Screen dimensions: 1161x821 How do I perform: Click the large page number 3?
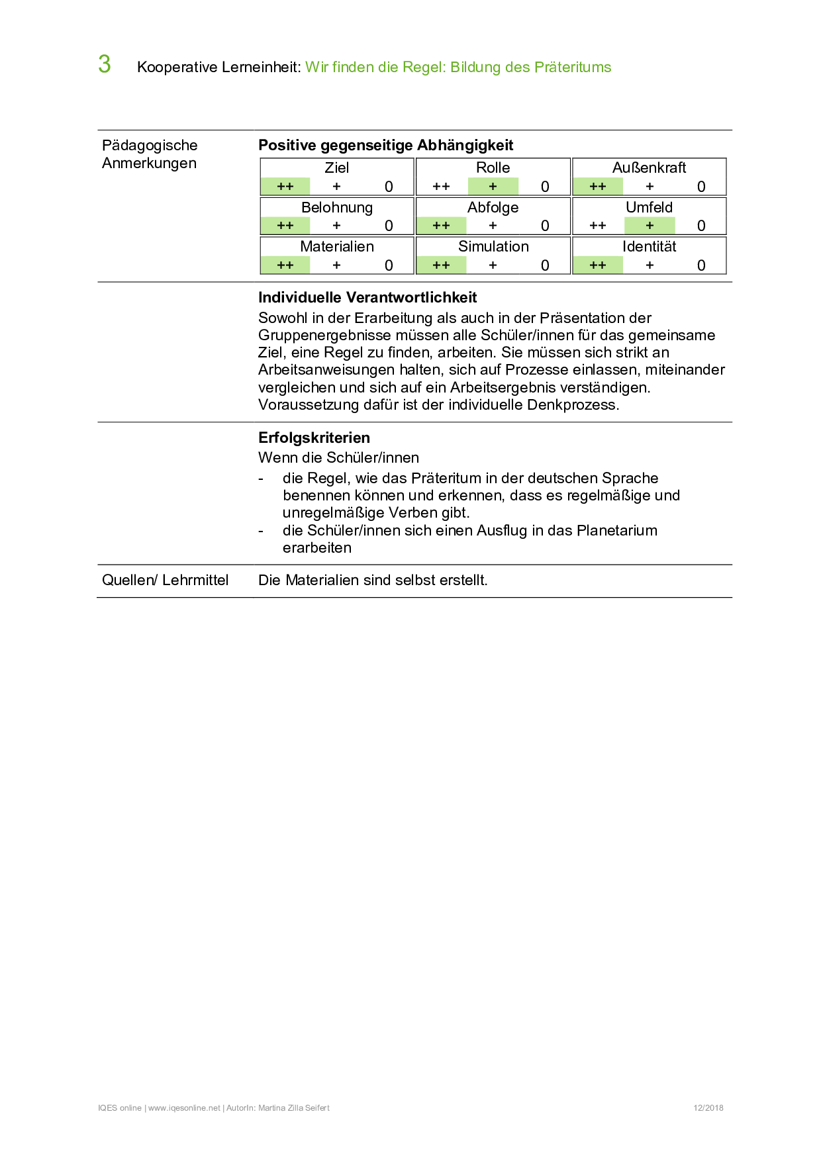(105, 65)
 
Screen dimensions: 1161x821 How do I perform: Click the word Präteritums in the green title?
(573, 68)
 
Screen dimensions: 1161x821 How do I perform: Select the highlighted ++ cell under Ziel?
(285, 187)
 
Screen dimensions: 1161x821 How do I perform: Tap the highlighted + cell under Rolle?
(493, 187)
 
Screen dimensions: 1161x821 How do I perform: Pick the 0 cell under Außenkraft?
(701, 187)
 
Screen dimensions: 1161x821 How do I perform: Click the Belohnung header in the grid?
(337, 208)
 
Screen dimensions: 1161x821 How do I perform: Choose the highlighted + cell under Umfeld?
(650, 226)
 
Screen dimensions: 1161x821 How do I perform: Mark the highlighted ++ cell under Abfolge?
(441, 226)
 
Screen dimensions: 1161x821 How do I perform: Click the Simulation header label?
(493, 247)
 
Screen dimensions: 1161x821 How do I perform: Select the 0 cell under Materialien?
(389, 265)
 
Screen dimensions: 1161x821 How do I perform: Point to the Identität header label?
(649, 247)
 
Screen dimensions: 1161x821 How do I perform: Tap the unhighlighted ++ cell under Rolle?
(441, 187)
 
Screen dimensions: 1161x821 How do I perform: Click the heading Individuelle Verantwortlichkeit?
(367, 298)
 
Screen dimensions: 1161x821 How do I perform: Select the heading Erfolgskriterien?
(314, 438)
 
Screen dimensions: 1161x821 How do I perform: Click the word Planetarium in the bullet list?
(617, 531)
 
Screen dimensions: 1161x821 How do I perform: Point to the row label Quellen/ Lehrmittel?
(165, 580)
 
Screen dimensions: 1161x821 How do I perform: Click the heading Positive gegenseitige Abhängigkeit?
(385, 146)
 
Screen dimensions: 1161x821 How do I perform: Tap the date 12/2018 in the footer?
(708, 1108)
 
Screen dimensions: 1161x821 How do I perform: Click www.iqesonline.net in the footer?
(184, 1108)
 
